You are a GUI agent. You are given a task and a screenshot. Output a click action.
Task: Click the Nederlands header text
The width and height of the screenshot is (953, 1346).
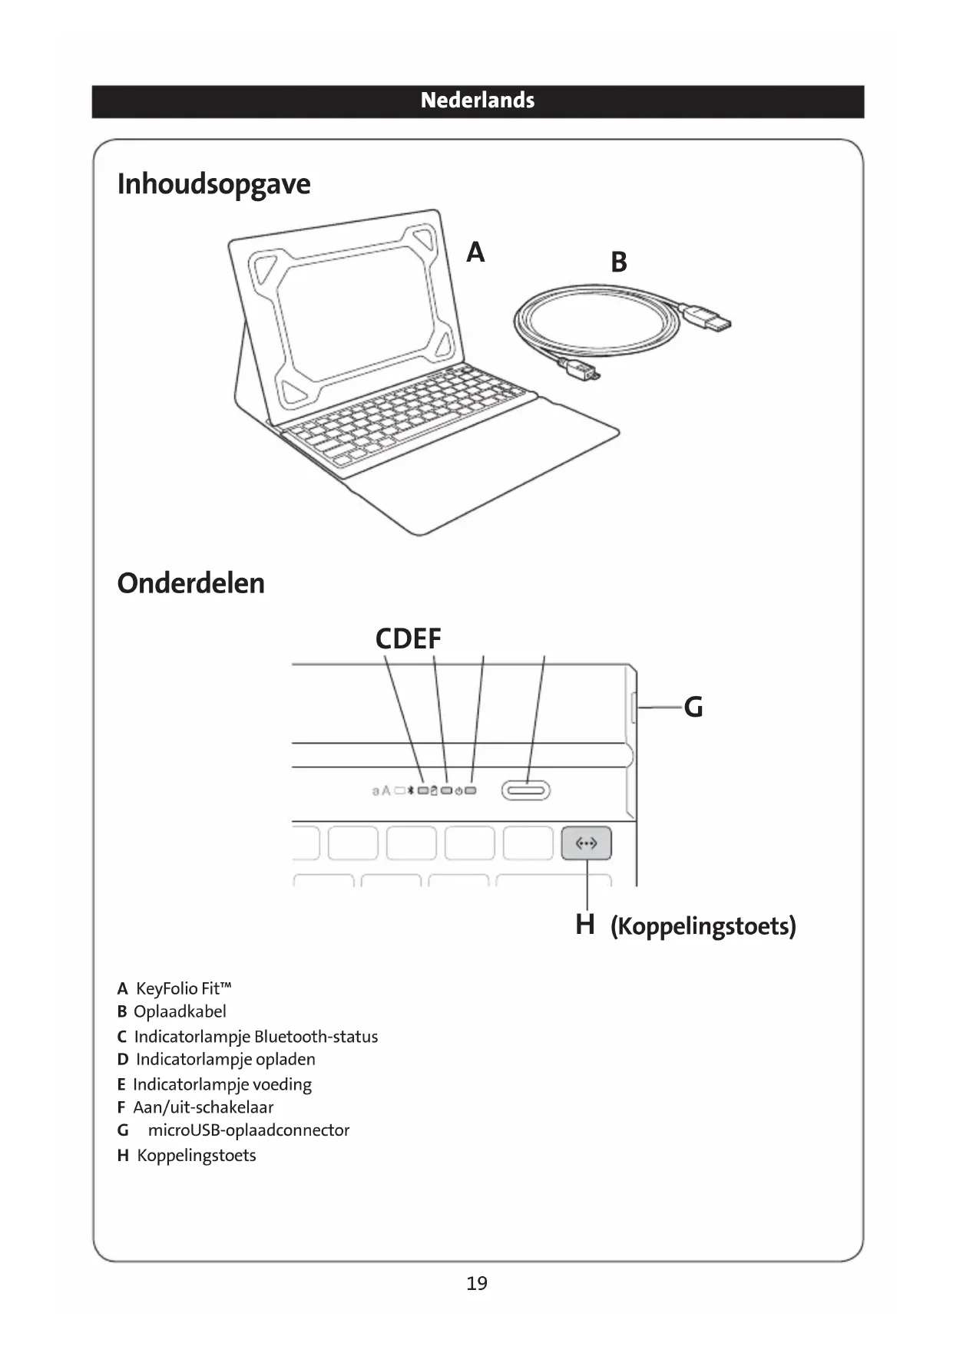(477, 101)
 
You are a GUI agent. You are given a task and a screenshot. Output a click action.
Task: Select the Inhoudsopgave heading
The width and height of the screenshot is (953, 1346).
(213, 184)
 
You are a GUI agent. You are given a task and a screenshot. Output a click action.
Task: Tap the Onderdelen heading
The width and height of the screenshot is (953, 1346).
(190, 583)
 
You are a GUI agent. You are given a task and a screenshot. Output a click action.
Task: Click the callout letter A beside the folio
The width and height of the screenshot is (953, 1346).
(475, 252)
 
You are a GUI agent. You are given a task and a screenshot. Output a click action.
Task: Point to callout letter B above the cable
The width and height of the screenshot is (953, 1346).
(618, 262)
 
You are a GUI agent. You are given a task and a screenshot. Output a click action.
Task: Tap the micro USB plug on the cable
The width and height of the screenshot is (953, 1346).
(583, 372)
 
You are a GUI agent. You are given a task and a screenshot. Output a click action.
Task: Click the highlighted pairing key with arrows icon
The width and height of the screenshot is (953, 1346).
(586, 843)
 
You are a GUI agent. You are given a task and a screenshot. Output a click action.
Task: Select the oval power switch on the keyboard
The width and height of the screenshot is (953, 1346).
(526, 790)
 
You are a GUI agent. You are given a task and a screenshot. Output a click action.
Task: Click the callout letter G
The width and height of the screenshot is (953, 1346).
(693, 708)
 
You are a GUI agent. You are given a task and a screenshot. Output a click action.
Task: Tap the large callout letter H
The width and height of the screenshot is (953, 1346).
(585, 925)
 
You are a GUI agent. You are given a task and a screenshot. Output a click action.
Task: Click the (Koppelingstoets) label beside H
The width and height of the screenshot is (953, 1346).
(703, 926)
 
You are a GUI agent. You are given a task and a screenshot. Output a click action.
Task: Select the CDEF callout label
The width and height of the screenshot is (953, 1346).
(408, 639)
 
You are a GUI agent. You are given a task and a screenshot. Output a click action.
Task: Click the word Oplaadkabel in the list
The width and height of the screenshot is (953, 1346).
(180, 1012)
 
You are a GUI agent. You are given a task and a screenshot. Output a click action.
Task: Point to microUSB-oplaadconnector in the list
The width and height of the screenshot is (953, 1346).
(248, 1130)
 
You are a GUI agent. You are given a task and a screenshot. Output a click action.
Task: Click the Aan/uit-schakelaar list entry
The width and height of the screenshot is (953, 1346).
(203, 1107)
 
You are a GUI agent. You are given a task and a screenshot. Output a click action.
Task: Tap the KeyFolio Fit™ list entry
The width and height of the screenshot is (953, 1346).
(184, 988)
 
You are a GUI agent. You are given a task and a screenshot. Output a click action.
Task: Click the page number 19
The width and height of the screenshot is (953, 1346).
(476, 1283)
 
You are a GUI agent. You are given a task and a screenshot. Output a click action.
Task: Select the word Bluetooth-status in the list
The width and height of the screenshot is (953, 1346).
(316, 1037)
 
